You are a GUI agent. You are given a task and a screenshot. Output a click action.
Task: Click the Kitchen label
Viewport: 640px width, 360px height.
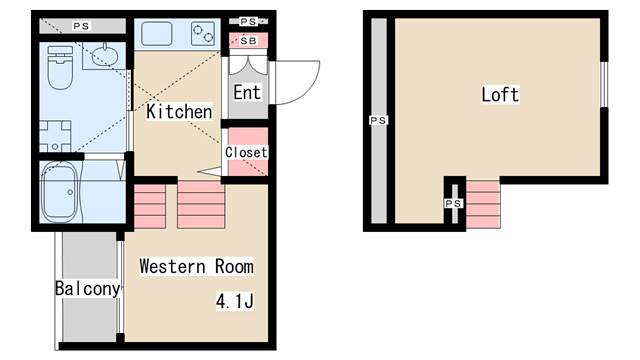click(x=179, y=112)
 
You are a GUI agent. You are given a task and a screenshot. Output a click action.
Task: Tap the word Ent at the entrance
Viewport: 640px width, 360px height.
click(x=247, y=92)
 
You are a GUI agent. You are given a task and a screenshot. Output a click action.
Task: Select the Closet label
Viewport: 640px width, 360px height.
click(x=246, y=152)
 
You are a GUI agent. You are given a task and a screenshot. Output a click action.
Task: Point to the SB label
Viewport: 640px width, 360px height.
click(x=247, y=41)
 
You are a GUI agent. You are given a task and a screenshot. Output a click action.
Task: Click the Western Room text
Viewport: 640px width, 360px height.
click(x=196, y=267)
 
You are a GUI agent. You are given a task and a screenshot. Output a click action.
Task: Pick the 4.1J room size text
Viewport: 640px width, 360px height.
click(x=233, y=301)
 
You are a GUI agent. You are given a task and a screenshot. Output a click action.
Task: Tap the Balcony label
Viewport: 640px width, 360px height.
click(x=88, y=289)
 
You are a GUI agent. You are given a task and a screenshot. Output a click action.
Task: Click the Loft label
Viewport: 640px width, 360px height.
click(x=500, y=95)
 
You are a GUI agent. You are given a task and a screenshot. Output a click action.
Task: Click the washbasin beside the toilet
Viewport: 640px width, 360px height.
click(x=103, y=57)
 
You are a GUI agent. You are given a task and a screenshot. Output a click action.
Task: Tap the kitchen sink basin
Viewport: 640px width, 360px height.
click(x=158, y=34)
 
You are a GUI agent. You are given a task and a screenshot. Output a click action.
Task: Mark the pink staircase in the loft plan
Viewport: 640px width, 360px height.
click(x=483, y=203)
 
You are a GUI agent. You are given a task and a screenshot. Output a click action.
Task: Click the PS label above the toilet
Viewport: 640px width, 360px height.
click(x=79, y=24)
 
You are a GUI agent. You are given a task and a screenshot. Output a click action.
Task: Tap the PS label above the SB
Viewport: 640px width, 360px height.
click(x=248, y=20)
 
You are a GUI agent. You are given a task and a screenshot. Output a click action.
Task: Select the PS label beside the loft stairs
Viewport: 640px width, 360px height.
click(x=454, y=203)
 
